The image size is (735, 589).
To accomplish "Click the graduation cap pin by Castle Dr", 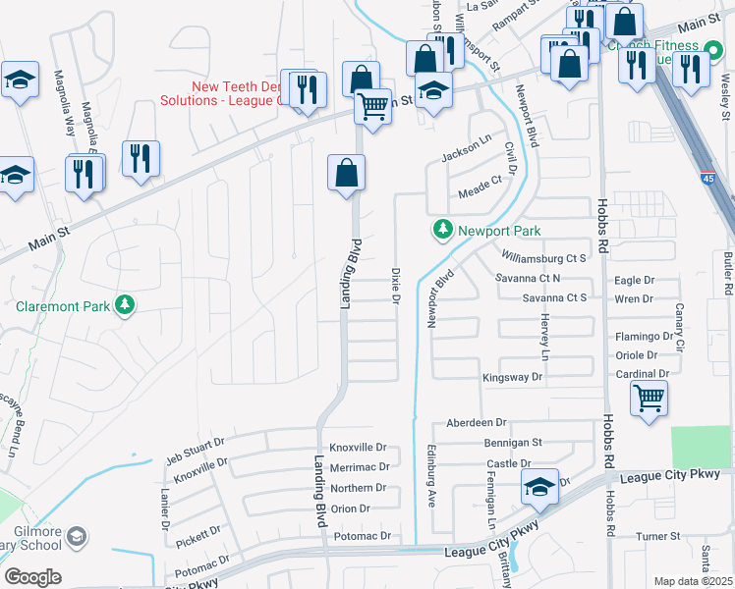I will click(538, 488).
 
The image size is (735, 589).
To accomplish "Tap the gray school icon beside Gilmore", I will click(77, 537).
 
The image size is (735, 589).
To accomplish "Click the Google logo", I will click(31, 577).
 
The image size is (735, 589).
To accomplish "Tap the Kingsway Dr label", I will click(512, 377).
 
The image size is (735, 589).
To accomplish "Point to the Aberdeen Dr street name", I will click(476, 422).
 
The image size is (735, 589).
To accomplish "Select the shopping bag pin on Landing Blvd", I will click(346, 174).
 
